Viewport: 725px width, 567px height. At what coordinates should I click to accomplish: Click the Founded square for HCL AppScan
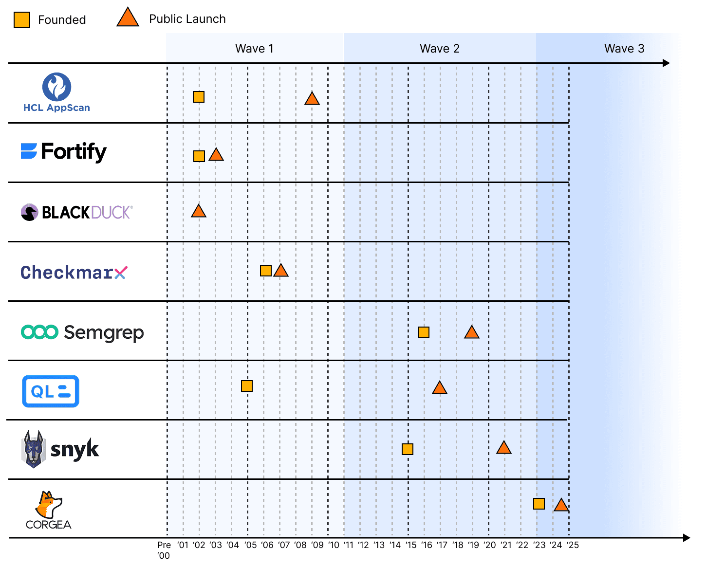198,97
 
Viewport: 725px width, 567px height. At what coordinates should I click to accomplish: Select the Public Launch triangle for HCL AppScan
312,99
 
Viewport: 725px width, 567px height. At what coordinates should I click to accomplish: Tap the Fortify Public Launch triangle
216,155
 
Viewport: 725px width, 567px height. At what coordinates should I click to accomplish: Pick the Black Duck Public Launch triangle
198,211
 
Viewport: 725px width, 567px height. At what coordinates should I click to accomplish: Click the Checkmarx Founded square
265,271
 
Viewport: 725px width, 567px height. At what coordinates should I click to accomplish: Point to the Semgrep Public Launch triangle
471,333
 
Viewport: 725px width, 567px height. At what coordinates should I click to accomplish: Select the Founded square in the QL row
247,386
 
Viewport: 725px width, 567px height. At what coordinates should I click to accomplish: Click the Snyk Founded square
408,449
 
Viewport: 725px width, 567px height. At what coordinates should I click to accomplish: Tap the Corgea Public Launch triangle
561,506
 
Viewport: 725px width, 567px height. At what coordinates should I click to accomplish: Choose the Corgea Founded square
539,504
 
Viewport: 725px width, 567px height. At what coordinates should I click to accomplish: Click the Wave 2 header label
439,49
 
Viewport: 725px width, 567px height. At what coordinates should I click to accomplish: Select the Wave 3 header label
624,49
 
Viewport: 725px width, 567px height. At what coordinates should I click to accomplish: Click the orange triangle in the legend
128,18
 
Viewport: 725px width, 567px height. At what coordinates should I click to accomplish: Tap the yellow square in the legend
22,20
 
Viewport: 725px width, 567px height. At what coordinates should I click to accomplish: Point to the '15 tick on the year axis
411,545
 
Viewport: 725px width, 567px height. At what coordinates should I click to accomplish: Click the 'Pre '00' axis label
164,550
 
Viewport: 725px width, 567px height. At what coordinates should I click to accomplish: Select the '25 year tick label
573,545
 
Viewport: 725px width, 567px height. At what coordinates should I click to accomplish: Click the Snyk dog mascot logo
33,449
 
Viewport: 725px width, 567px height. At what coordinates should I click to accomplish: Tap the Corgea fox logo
49,505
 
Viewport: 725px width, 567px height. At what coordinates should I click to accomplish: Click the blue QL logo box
51,391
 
